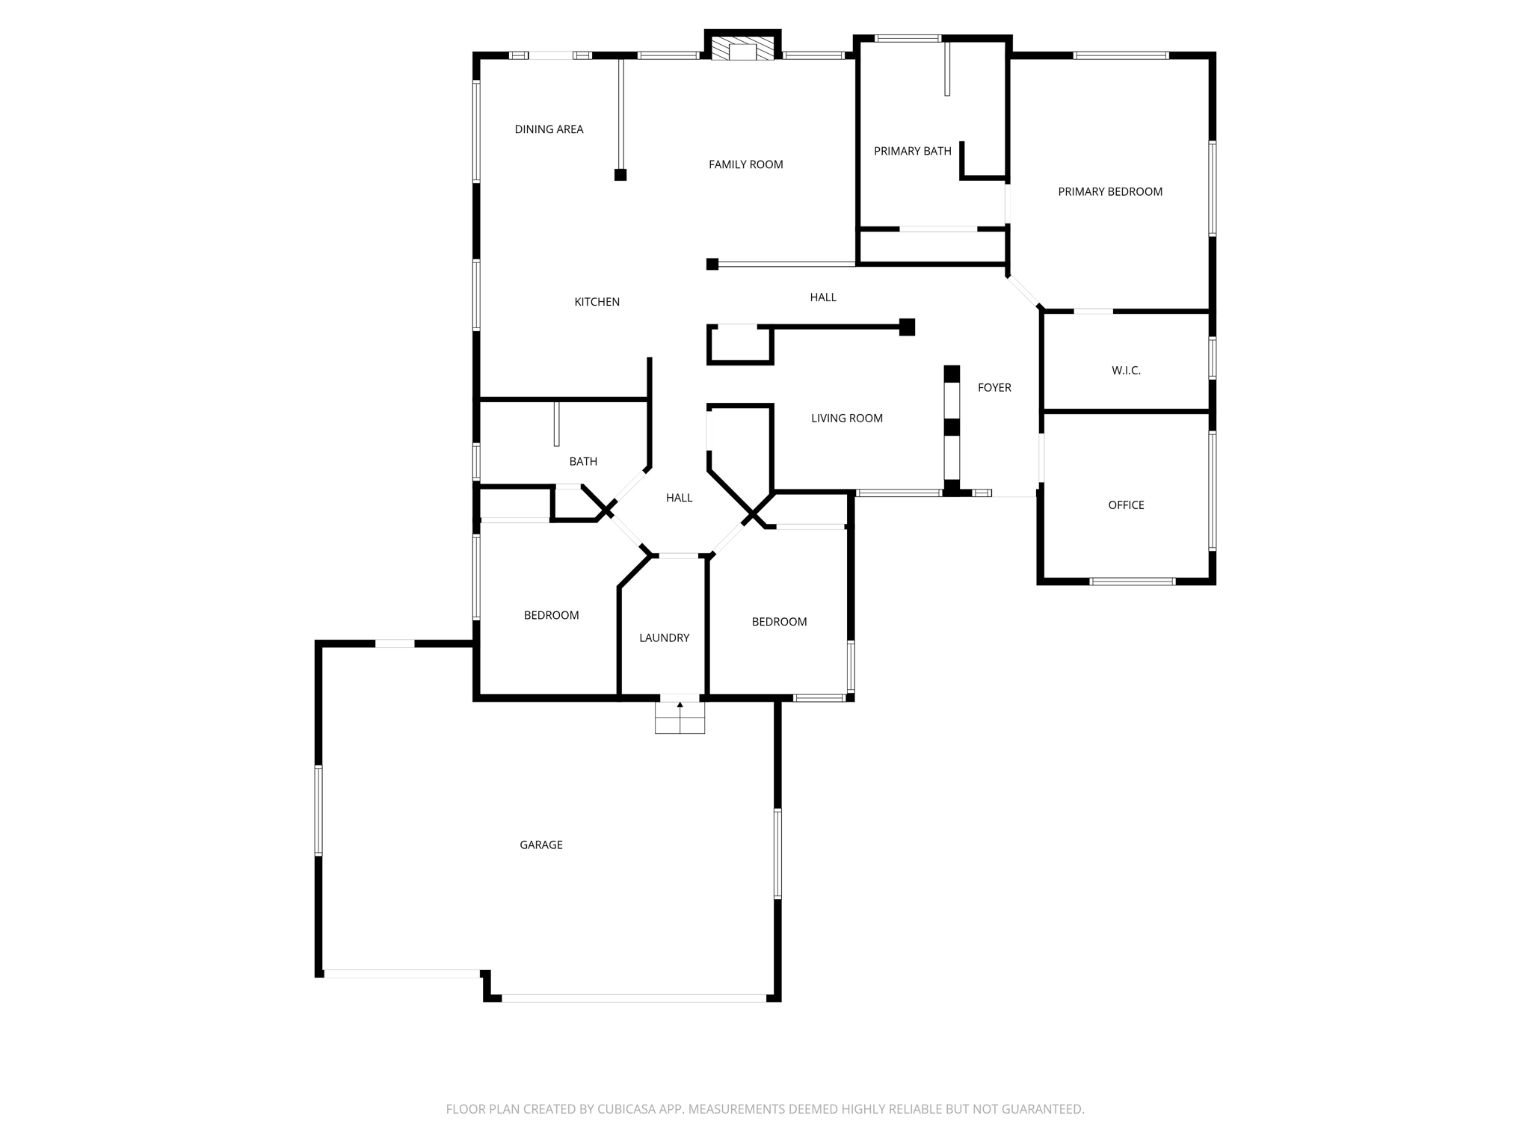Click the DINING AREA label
tap(549, 129)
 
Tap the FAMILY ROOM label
tap(745, 164)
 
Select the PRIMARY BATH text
tap(912, 151)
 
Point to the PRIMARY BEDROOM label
tap(1109, 192)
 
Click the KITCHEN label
tap(597, 302)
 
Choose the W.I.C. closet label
tap(1126, 371)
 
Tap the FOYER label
tap(994, 387)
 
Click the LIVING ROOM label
tap(846, 419)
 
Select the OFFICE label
tap(1126, 505)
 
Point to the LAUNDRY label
tap(664, 638)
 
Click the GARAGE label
tap(540, 845)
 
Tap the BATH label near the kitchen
tap(583, 462)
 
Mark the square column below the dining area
tap(620, 175)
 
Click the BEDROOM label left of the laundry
tap(551, 615)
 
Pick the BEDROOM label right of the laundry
tap(779, 622)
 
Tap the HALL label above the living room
tap(823, 297)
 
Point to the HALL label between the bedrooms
tap(679, 498)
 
